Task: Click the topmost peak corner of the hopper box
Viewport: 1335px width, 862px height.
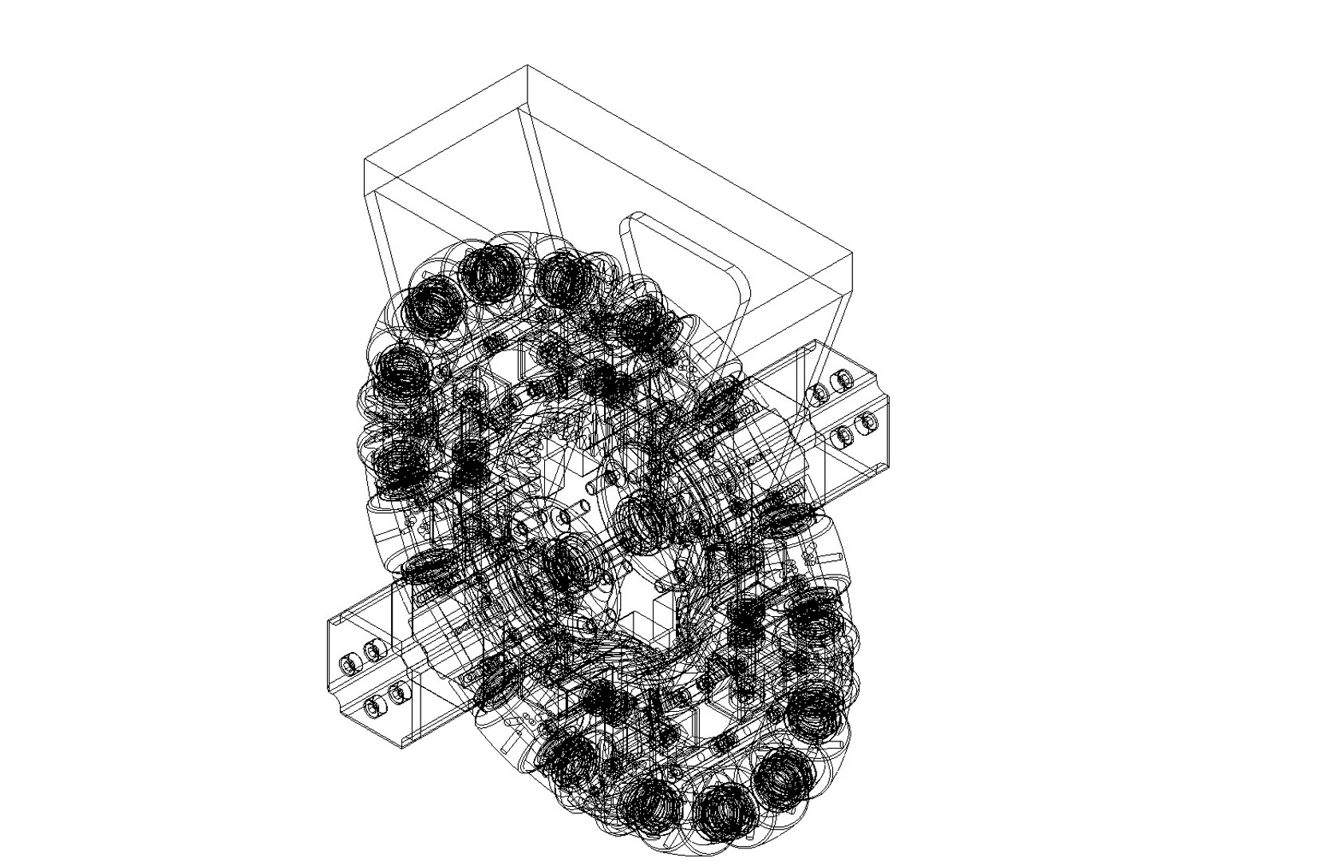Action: (527, 66)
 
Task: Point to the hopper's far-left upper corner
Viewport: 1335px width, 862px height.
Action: (365, 160)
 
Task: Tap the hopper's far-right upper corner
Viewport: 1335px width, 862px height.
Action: (852, 253)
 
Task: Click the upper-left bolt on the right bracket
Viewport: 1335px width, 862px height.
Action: (818, 392)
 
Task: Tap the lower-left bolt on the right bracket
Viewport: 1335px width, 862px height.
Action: (843, 437)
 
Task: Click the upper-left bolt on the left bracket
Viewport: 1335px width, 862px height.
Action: (349, 662)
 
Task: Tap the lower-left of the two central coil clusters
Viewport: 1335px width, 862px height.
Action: (568, 563)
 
